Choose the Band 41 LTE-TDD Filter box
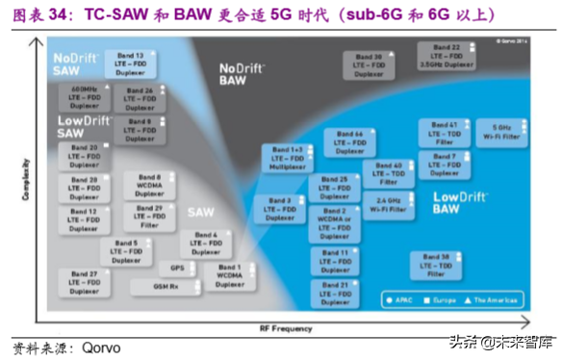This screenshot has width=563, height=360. point(444,132)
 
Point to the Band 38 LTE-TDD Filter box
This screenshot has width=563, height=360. point(438,266)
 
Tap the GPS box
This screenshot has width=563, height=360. point(178,268)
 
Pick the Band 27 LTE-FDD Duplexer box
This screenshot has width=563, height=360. point(87,282)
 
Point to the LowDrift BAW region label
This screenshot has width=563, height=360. point(448,203)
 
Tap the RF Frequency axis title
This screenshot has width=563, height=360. point(285,328)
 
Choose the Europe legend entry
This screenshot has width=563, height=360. point(446,300)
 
